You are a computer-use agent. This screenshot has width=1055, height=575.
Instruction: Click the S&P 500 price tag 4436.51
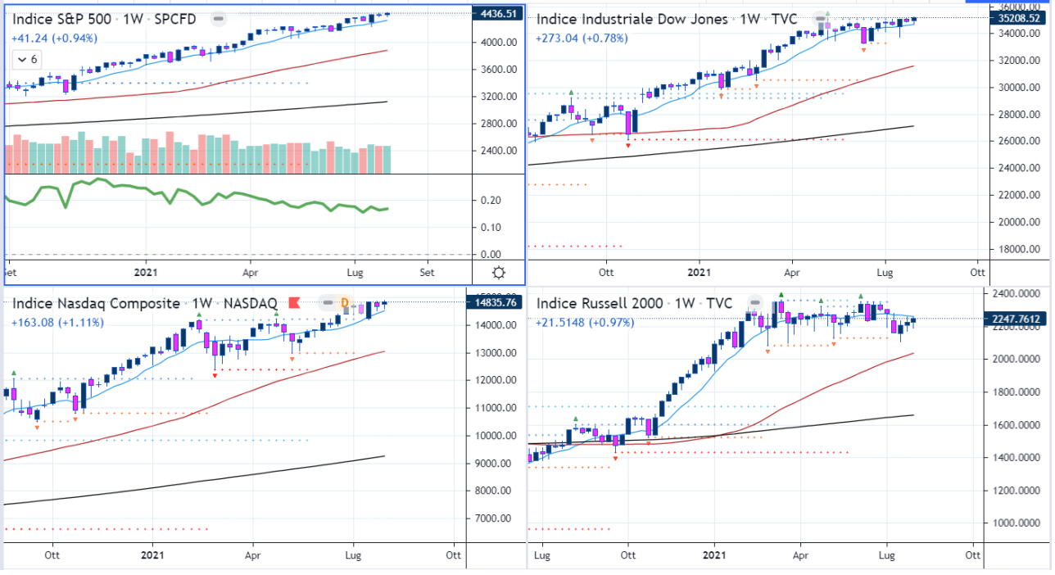point(500,14)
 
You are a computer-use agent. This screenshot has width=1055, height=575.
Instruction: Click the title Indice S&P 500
point(64,19)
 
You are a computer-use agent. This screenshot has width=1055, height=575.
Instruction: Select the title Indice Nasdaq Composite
point(96,304)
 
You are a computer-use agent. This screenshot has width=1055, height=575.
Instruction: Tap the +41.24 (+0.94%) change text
point(54,38)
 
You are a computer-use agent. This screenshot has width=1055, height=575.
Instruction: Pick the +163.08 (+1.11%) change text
point(57,323)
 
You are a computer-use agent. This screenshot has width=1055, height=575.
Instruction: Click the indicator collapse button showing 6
point(28,60)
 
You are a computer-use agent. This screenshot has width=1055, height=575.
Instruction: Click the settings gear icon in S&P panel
point(499,272)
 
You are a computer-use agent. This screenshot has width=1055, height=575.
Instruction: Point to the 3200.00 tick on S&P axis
point(497,97)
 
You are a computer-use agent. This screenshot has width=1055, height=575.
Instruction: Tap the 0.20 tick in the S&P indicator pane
point(491,200)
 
